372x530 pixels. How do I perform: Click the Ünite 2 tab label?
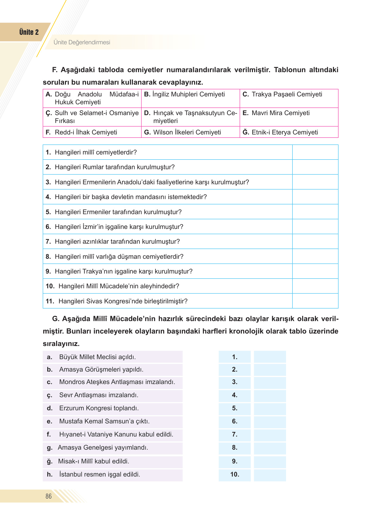point(29,32)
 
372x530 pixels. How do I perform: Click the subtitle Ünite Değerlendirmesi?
point(82,42)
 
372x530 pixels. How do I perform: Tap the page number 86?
point(49,496)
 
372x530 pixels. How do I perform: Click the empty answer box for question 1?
point(315,153)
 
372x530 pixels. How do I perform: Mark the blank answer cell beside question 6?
point(315,227)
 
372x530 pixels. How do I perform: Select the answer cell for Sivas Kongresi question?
point(315,301)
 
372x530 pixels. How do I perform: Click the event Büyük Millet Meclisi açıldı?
point(97,357)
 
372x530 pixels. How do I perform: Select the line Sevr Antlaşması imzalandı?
point(99,395)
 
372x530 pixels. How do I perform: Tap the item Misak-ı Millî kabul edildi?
point(93,461)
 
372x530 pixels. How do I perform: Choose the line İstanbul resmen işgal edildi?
point(99,475)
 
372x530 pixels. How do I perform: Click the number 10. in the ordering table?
point(235,475)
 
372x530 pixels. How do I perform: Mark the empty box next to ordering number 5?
point(270,408)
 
